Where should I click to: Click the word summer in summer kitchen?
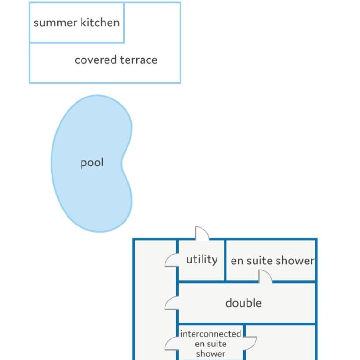[55, 23]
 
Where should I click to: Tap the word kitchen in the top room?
[100, 22]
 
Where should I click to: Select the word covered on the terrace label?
[96, 60]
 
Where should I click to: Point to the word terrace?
[139, 60]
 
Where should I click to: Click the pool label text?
[92, 163]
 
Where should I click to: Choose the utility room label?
[202, 259]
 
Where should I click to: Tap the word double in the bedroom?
[243, 303]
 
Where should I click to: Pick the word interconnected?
[210, 334]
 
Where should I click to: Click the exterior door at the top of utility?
[202, 233]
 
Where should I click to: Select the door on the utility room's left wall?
[172, 260]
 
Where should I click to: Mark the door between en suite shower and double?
[265, 276]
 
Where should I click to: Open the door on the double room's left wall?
[172, 303]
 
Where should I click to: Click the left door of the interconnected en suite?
[172, 343]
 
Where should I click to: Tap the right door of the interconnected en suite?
[250, 343]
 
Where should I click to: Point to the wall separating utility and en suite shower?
[225, 260]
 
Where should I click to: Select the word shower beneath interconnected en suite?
[210, 353]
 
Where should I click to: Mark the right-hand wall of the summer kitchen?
[124, 22]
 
